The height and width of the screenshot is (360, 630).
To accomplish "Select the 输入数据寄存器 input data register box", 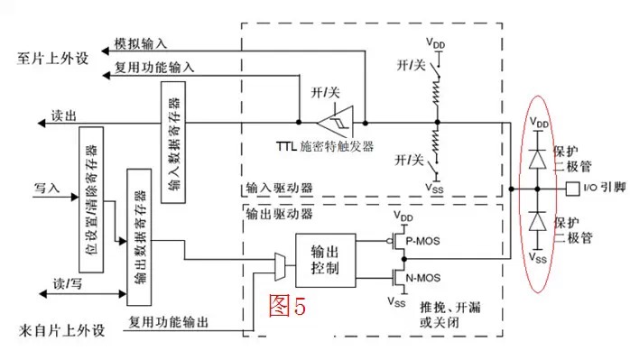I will (x=172, y=139).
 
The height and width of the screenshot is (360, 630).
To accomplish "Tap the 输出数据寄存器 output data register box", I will (x=139, y=228).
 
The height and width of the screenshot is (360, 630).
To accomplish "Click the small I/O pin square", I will (x=570, y=189).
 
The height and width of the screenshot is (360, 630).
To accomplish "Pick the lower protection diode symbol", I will (x=539, y=221).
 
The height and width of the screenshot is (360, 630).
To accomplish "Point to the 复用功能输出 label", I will (x=171, y=322).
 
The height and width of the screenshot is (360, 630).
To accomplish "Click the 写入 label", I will (x=45, y=189).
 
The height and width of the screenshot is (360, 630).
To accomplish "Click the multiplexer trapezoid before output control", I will (x=281, y=265).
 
